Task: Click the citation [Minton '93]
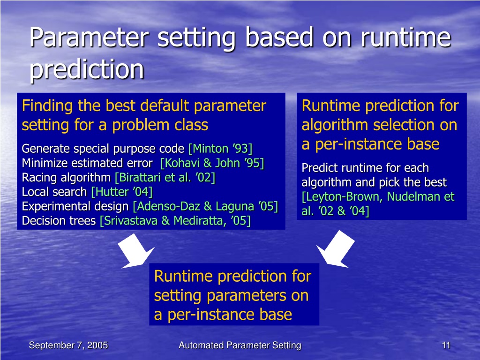pos(220,149)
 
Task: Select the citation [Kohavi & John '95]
pos(212,163)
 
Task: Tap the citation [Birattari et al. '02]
pos(165,178)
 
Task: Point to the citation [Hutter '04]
pos(122,192)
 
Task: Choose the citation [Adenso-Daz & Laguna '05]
pos(205,206)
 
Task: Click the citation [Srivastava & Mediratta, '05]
pos(175,221)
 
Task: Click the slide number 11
pos(446,345)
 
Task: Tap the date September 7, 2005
pos(68,345)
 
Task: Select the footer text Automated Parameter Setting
pos(240,345)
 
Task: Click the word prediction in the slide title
pos(87,70)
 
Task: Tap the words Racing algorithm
pos(66,178)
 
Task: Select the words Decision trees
pos(59,221)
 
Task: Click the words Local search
pos(54,192)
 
